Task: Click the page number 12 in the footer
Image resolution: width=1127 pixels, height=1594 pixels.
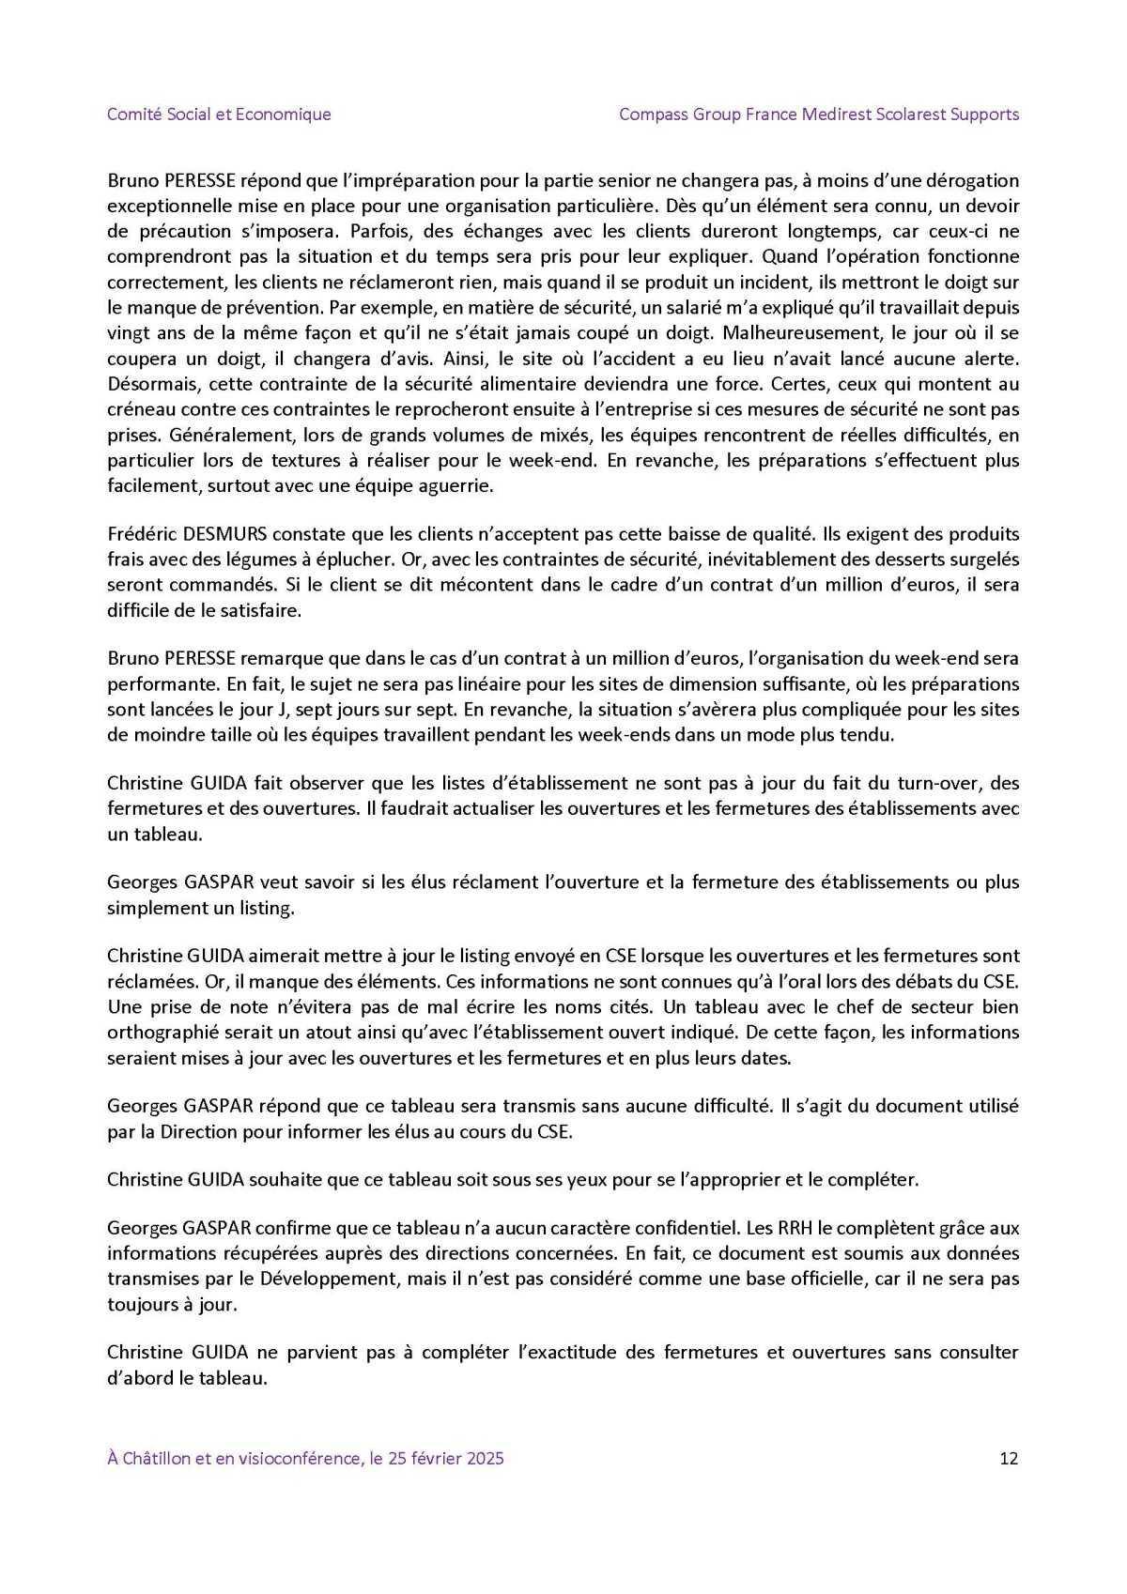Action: tap(1010, 1458)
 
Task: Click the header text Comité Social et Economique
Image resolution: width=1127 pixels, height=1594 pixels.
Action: tap(219, 115)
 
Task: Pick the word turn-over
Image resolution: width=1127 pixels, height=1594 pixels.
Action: tap(930, 782)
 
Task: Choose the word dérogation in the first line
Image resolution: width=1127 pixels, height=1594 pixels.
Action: tap(973, 179)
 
